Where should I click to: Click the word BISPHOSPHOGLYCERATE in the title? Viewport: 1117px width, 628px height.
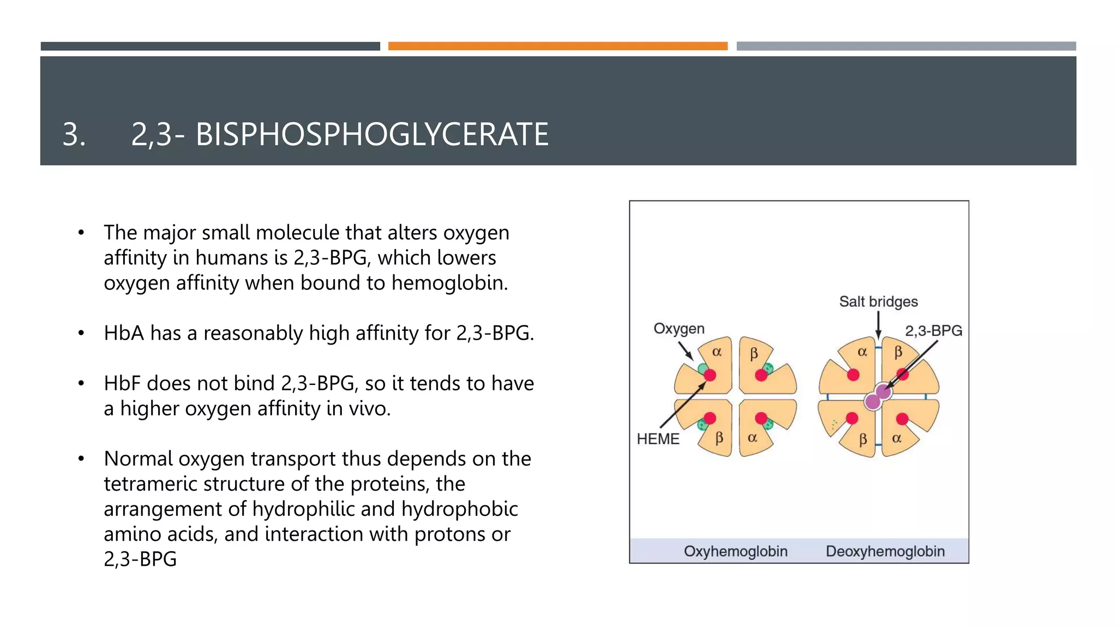pos(371,135)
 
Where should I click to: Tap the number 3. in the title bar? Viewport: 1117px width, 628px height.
pos(74,135)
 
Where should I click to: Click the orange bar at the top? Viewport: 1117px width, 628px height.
pos(557,46)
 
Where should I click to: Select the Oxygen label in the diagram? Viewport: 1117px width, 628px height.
pos(678,329)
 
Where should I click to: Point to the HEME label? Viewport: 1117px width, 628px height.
pos(658,439)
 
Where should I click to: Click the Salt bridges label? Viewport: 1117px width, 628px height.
pos(878,301)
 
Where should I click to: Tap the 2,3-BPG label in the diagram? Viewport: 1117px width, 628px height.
pos(933,331)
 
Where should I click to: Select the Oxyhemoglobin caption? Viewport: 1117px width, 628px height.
pos(735,551)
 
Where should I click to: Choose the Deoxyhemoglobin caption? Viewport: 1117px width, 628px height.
pos(885,551)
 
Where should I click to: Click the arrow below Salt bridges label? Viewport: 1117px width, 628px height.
pos(878,325)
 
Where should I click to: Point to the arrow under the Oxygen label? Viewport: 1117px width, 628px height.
pos(686,351)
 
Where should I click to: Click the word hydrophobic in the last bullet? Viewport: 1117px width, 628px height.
pos(459,509)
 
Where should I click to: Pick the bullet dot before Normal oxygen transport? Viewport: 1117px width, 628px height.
pos(81,459)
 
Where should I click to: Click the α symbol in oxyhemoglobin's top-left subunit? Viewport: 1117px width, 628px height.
pos(717,352)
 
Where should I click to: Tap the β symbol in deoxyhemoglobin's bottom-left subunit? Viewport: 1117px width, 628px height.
pos(862,439)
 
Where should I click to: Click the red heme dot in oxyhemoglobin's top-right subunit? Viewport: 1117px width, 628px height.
pos(761,375)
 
